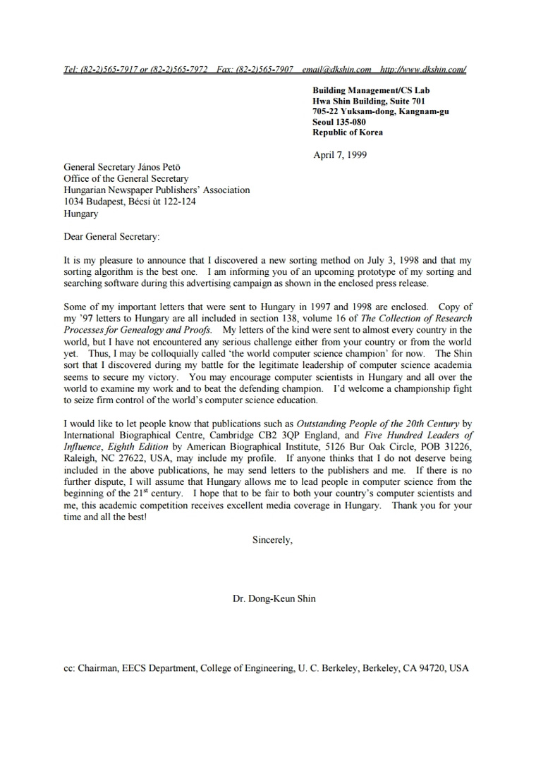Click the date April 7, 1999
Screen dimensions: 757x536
coord(340,155)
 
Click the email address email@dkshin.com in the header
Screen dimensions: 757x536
coord(336,69)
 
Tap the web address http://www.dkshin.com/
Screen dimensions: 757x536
coord(423,69)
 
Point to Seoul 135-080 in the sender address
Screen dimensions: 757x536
coord(339,122)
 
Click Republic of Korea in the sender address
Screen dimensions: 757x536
coord(348,133)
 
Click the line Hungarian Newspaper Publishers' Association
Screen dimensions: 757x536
coord(157,190)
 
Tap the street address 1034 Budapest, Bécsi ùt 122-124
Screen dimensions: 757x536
coord(130,202)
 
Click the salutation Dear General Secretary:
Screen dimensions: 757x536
coord(111,238)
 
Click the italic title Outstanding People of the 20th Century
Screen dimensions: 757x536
coord(377,424)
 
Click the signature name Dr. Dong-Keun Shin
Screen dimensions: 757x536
coord(274,599)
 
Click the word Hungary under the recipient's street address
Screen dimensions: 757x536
coord(81,214)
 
